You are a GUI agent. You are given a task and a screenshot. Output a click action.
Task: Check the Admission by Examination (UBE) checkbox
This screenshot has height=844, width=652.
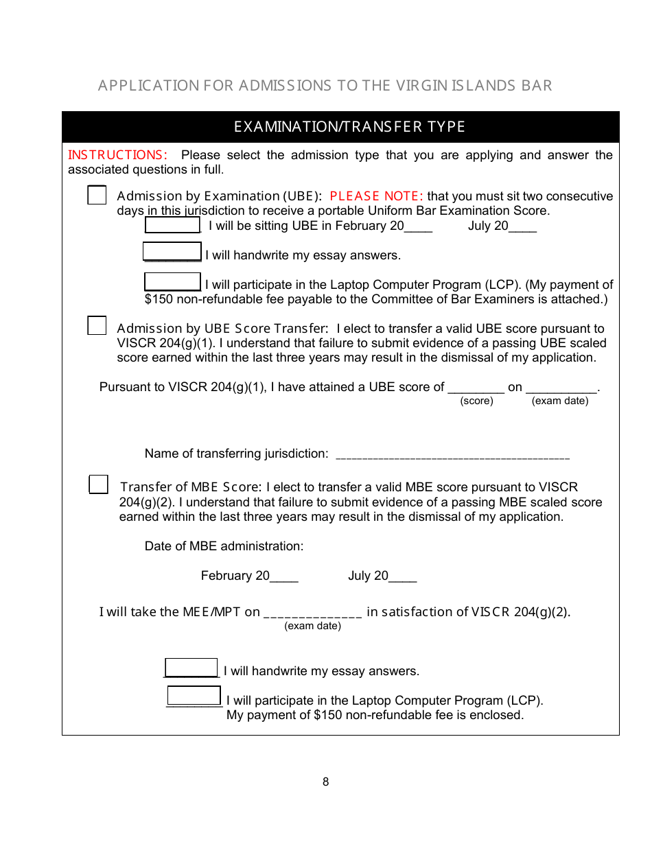(x=97, y=196)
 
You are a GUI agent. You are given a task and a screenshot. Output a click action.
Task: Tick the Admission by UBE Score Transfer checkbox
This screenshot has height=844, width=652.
(x=97, y=325)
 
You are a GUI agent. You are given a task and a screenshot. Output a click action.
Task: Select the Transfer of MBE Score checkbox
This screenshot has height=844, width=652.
(x=99, y=484)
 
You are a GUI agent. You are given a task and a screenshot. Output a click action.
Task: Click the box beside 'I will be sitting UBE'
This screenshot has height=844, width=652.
(x=172, y=225)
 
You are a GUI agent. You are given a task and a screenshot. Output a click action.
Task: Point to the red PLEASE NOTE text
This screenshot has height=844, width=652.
(x=376, y=196)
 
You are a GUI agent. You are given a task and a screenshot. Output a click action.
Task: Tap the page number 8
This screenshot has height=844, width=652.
(x=325, y=782)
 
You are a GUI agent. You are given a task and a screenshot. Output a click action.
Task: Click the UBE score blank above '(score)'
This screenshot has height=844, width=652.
(x=476, y=388)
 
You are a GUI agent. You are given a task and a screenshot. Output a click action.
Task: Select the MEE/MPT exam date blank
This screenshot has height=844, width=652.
(x=312, y=613)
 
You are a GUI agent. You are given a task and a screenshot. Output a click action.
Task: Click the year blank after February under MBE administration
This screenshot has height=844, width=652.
(x=284, y=577)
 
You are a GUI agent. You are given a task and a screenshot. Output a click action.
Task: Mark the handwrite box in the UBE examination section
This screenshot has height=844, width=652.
(x=172, y=252)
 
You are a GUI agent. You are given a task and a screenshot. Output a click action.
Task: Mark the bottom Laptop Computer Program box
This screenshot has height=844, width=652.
(x=194, y=696)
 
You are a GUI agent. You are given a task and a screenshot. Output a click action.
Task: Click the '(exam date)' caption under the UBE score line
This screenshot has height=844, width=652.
(x=559, y=401)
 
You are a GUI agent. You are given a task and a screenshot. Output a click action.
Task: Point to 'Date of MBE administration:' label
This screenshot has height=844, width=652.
(x=224, y=546)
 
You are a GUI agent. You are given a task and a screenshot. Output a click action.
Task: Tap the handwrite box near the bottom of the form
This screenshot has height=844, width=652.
(x=191, y=668)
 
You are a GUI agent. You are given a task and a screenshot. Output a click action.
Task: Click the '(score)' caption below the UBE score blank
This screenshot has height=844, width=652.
(x=476, y=401)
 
